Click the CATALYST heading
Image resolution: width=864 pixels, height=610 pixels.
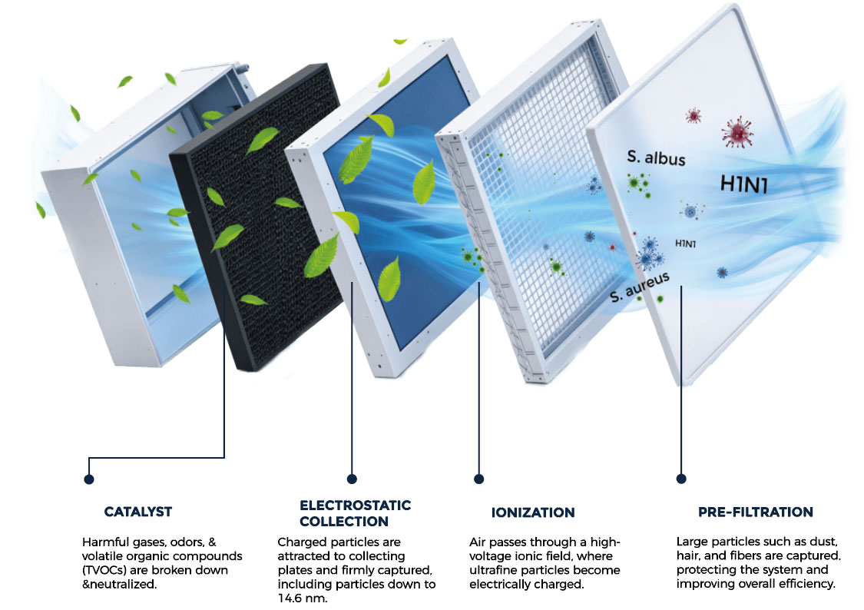tap(138, 512)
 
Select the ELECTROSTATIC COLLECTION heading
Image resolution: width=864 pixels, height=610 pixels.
tap(356, 513)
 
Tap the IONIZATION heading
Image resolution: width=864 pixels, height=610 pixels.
tap(533, 512)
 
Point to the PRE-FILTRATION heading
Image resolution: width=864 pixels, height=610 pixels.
tap(756, 512)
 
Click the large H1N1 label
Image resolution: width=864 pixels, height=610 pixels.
tap(744, 184)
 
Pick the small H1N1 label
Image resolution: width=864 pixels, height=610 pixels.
tap(686, 243)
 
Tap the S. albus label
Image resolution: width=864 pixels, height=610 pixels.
tap(657, 158)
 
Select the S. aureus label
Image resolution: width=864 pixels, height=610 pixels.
tap(640, 287)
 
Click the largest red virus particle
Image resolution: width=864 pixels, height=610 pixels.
tap(737, 132)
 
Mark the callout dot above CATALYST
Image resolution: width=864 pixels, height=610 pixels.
tap(89, 479)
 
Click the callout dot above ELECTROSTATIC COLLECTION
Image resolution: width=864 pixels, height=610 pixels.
tap(352, 479)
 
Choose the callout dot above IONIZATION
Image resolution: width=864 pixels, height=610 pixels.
tap(478, 479)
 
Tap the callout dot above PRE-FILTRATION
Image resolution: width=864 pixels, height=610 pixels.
tap(681, 479)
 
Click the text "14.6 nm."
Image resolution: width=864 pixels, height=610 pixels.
tap(303, 598)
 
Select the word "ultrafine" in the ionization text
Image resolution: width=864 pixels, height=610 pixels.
tap(493, 570)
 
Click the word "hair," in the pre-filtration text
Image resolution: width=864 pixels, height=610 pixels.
tap(689, 555)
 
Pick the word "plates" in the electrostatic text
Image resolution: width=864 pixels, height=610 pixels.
tap(296, 570)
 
